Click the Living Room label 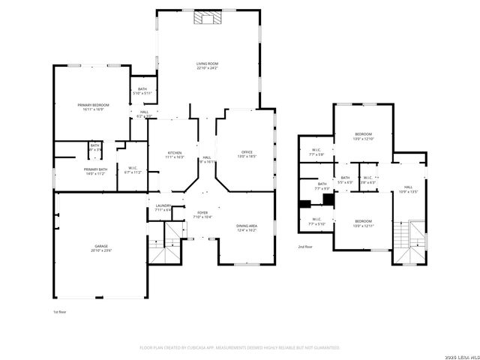207,66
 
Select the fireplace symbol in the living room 207,19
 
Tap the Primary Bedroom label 93,106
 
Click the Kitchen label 174,155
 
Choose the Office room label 247,154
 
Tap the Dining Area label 247,227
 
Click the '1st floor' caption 60,310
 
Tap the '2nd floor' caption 305,247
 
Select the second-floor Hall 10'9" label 408,189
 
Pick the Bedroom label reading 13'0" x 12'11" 363,223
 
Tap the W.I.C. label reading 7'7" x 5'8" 316,152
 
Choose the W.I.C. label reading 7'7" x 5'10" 316,221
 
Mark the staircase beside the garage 163,249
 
